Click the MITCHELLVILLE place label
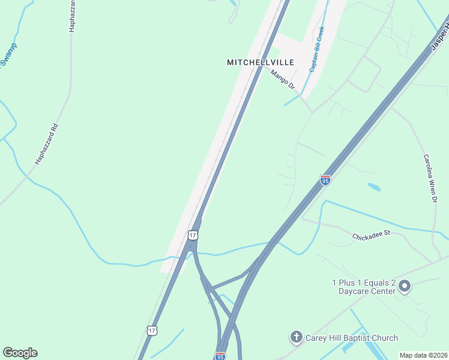click(261, 62)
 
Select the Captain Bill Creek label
click(316, 49)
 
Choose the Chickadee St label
click(372, 234)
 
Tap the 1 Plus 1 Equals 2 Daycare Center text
click(364, 287)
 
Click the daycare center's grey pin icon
click(405, 286)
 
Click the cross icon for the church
click(296, 338)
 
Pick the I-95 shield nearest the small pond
click(325, 179)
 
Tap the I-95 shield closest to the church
click(220, 356)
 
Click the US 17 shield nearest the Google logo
click(152, 330)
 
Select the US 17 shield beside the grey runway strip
click(191, 234)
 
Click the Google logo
click(20, 353)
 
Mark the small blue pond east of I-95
click(374, 187)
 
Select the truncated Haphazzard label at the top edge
click(73, 15)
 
